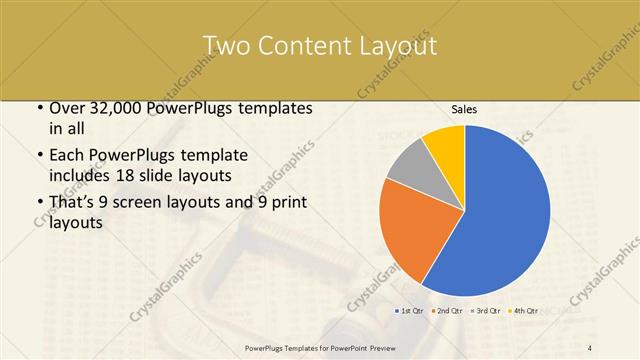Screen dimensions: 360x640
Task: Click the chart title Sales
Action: (463, 109)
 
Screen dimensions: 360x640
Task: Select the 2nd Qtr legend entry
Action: (446, 310)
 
